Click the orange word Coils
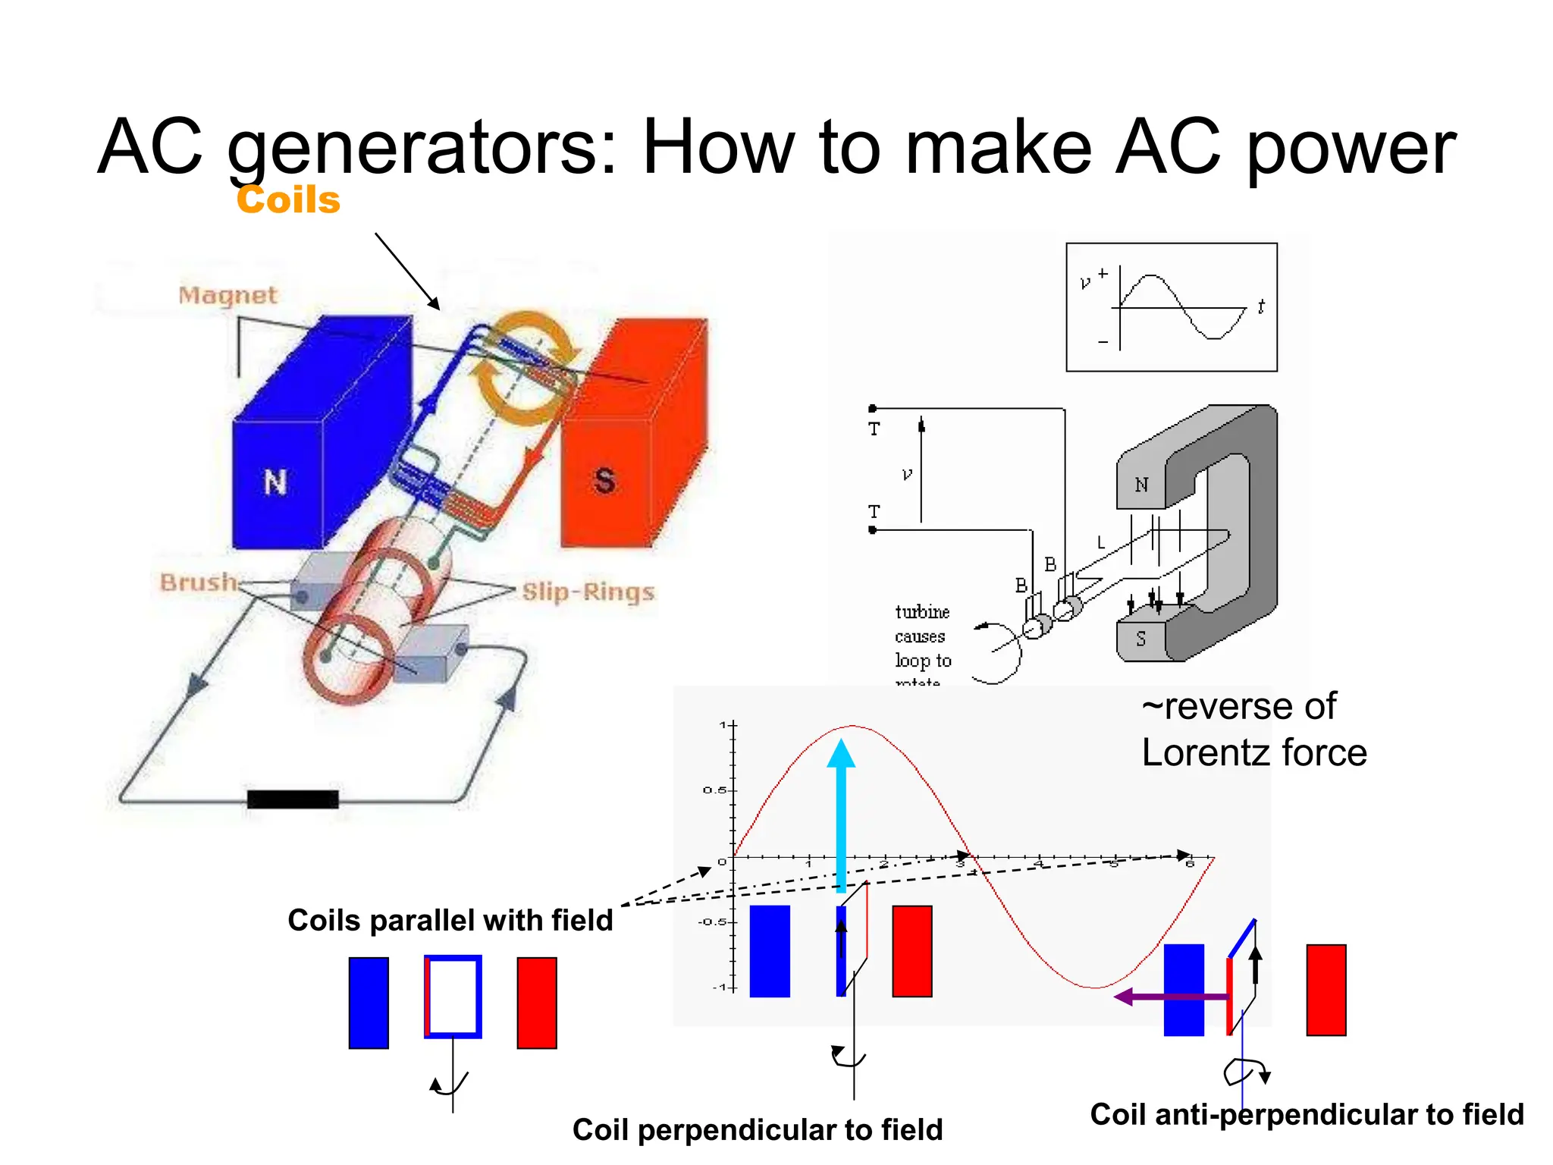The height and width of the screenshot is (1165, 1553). click(288, 200)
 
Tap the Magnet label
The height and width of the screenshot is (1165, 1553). click(227, 295)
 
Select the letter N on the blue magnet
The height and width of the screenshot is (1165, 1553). click(275, 482)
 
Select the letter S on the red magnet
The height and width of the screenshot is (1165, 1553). click(604, 481)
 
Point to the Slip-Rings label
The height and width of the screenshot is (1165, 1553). click(588, 592)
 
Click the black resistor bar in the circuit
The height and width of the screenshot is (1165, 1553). click(293, 799)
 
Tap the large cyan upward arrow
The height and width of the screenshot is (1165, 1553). click(841, 812)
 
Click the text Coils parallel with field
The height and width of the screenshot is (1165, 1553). click(450, 920)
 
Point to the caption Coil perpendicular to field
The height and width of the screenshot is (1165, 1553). click(758, 1129)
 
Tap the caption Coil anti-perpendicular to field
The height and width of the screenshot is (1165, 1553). click(1307, 1114)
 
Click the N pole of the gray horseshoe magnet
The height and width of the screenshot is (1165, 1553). click(1141, 485)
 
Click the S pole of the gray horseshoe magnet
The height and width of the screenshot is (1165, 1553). click(1140, 639)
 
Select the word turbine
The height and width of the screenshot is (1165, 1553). click(922, 612)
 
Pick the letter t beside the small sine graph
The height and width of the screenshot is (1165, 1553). click(1260, 306)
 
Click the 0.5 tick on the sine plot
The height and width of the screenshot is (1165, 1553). click(714, 790)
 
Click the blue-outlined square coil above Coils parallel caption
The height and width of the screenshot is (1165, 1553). click(453, 996)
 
